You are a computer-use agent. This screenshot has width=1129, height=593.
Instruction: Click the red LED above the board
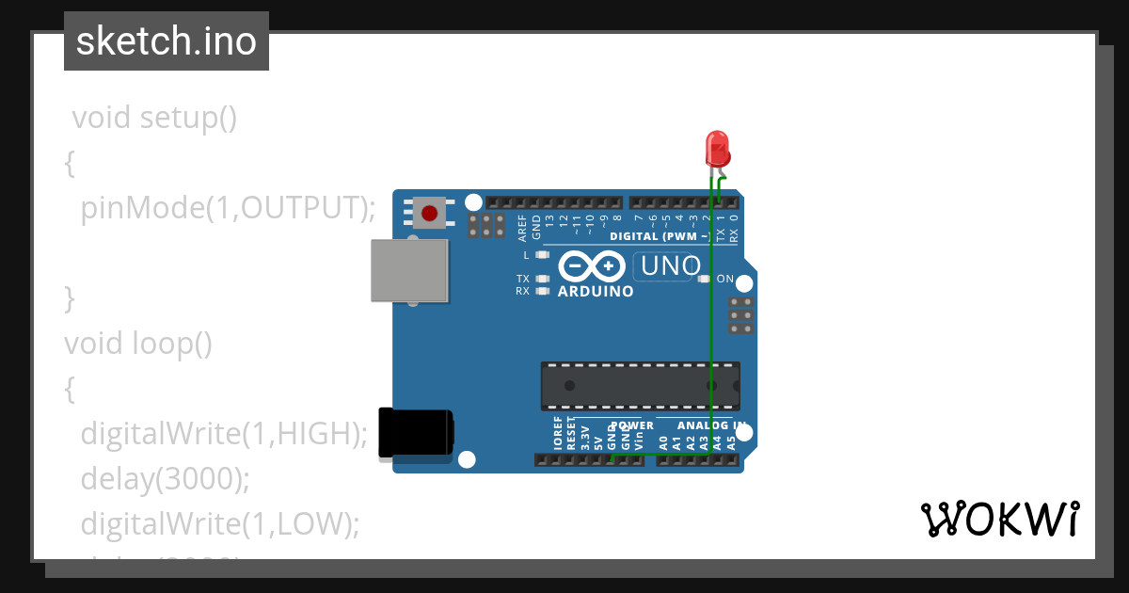click(x=717, y=149)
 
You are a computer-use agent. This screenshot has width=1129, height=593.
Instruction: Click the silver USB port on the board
click(x=409, y=270)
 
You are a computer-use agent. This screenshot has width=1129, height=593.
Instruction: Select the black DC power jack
click(x=415, y=434)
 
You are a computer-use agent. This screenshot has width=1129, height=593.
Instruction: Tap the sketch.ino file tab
click(x=167, y=41)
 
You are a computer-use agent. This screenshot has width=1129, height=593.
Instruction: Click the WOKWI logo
click(x=999, y=519)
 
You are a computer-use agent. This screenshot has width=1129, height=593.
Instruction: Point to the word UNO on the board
click(x=670, y=266)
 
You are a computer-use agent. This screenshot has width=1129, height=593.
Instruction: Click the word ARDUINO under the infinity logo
click(x=596, y=291)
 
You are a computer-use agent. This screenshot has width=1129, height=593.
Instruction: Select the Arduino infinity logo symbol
click(x=592, y=266)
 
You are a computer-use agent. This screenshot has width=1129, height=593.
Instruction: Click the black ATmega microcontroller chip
click(x=640, y=386)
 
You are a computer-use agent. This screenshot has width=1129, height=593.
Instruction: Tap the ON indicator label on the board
click(x=725, y=280)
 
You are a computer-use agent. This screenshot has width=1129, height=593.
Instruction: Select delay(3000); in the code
click(x=166, y=478)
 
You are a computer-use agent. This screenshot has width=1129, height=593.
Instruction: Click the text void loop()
click(x=138, y=344)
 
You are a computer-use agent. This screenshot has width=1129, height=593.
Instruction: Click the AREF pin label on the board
click(x=523, y=226)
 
